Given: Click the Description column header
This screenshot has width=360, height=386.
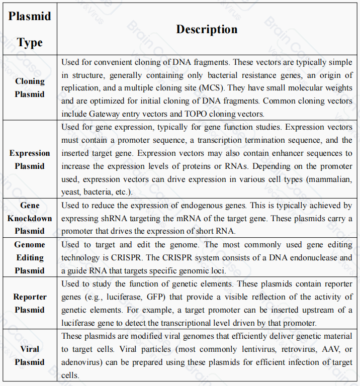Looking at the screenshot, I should tap(207, 29).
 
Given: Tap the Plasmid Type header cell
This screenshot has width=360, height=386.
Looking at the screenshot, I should tap(30, 29).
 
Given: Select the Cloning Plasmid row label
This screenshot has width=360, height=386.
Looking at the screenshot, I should tap(30, 87).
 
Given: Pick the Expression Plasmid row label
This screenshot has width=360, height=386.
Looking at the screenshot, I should tap(30, 159).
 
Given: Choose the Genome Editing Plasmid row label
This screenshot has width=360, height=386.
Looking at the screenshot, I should tap(30, 257).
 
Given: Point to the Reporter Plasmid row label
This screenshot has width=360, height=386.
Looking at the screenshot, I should tap(30, 303).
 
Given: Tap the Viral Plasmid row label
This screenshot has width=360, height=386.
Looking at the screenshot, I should tap(30, 355).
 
